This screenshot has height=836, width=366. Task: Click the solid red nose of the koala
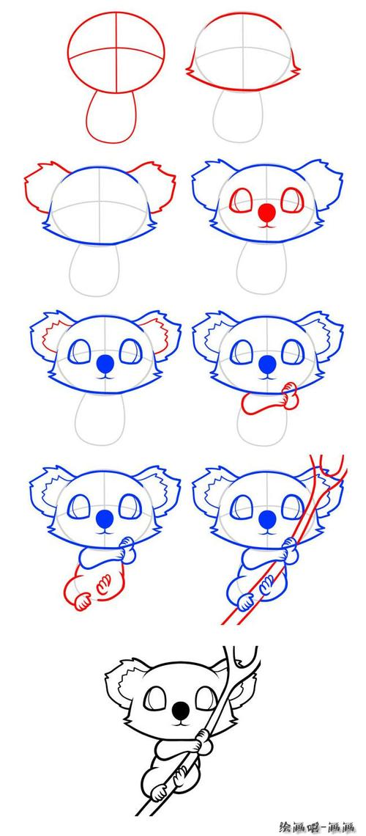click(x=266, y=213)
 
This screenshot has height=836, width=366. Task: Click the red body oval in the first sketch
click(x=111, y=116)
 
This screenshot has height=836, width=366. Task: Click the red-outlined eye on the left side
click(x=240, y=202)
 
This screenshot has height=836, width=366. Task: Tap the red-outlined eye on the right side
click(x=292, y=200)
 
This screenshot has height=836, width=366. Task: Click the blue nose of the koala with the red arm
click(x=266, y=364)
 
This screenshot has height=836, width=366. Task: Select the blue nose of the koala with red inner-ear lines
click(x=106, y=364)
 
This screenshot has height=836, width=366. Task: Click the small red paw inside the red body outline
click(x=104, y=582)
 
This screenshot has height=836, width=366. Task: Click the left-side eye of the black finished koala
click(x=156, y=698)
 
